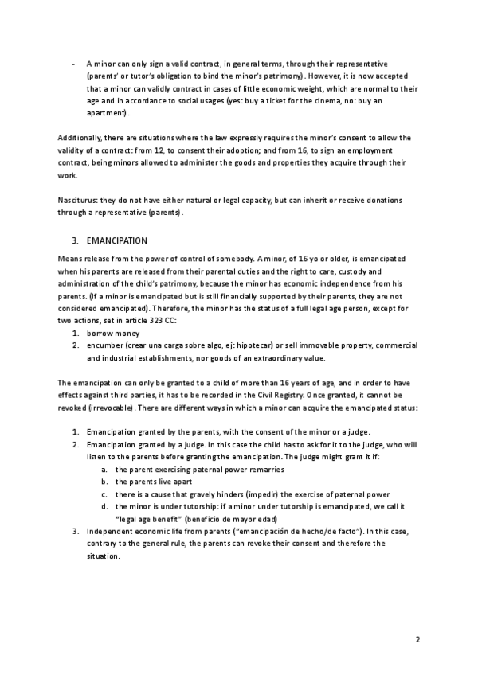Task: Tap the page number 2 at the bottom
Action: point(417,639)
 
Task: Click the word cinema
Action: point(330,101)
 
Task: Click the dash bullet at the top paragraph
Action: point(73,62)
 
